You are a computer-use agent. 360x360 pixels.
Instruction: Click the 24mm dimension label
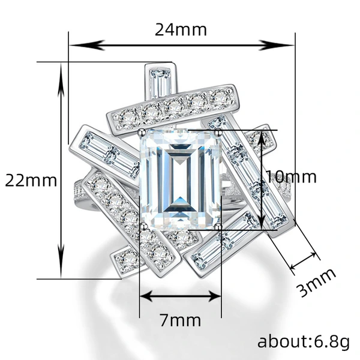pyautogui.click(x=181, y=30)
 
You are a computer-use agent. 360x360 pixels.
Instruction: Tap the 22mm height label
pyautogui.click(x=31, y=181)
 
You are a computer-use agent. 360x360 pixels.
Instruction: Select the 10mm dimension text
pyautogui.click(x=291, y=177)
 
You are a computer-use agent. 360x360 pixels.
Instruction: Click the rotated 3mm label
pyautogui.click(x=316, y=282)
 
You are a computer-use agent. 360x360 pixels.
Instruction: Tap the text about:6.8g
pyautogui.click(x=304, y=342)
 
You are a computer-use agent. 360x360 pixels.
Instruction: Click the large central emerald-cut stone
pyautogui.click(x=181, y=180)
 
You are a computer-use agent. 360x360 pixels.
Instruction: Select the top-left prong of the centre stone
pyautogui.click(x=142, y=132)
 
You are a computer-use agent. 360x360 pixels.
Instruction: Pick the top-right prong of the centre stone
pyautogui.click(x=218, y=132)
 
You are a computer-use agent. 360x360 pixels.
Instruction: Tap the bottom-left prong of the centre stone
pyautogui.click(x=144, y=227)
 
